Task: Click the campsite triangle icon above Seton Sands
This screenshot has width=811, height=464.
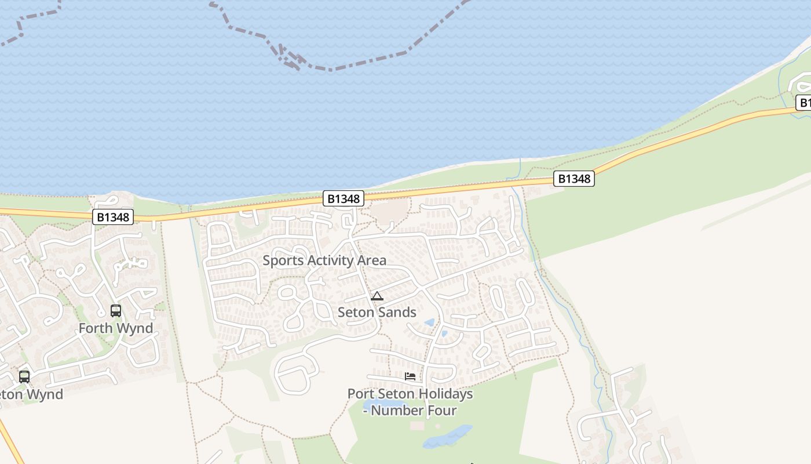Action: (377, 296)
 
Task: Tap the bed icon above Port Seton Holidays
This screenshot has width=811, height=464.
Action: (410, 376)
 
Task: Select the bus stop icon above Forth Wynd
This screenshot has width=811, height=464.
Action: (116, 311)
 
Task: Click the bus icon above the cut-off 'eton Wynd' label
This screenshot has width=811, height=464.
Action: (24, 376)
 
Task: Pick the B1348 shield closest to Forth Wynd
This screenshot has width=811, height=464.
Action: (114, 217)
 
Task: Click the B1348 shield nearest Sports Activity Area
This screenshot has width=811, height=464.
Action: (344, 199)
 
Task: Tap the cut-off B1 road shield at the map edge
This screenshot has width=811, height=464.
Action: (803, 103)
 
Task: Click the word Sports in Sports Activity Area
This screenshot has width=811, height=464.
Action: (283, 260)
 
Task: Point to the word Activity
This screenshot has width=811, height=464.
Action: (331, 260)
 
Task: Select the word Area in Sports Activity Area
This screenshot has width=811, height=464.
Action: (372, 260)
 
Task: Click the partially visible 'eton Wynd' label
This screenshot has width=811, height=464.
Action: (32, 394)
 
